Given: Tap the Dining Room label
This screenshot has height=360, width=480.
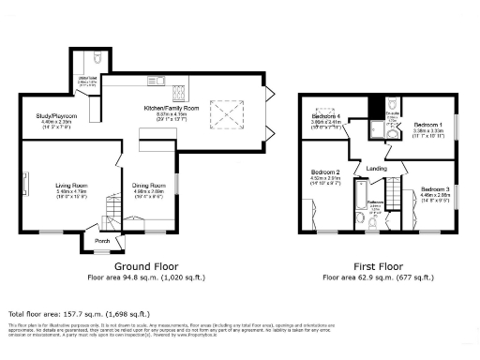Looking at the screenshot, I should click(x=148, y=186).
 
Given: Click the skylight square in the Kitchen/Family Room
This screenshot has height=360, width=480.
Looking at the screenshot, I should click(x=228, y=114).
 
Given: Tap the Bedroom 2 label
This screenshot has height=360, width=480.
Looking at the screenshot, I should click(x=324, y=173).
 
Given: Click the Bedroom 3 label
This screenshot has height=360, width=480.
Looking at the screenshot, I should click(x=434, y=189).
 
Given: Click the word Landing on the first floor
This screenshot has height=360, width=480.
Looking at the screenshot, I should click(x=376, y=168).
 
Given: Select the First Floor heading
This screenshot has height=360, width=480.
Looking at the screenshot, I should click(x=378, y=267).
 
